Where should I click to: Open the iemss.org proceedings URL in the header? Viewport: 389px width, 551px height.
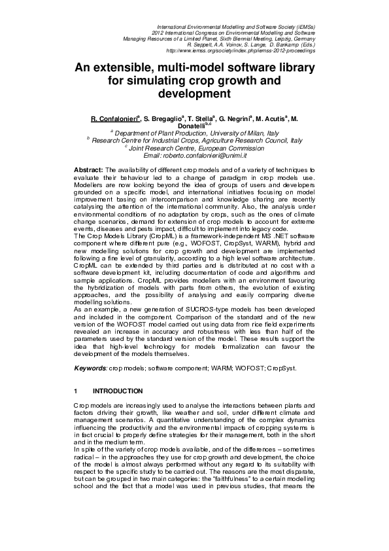click(x=241, y=50)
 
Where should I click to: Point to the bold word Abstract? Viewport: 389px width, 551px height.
click(x=88, y=169)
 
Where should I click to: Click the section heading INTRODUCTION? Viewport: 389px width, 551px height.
click(x=118, y=391)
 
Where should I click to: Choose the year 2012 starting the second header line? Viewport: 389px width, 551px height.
click(x=158, y=32)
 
